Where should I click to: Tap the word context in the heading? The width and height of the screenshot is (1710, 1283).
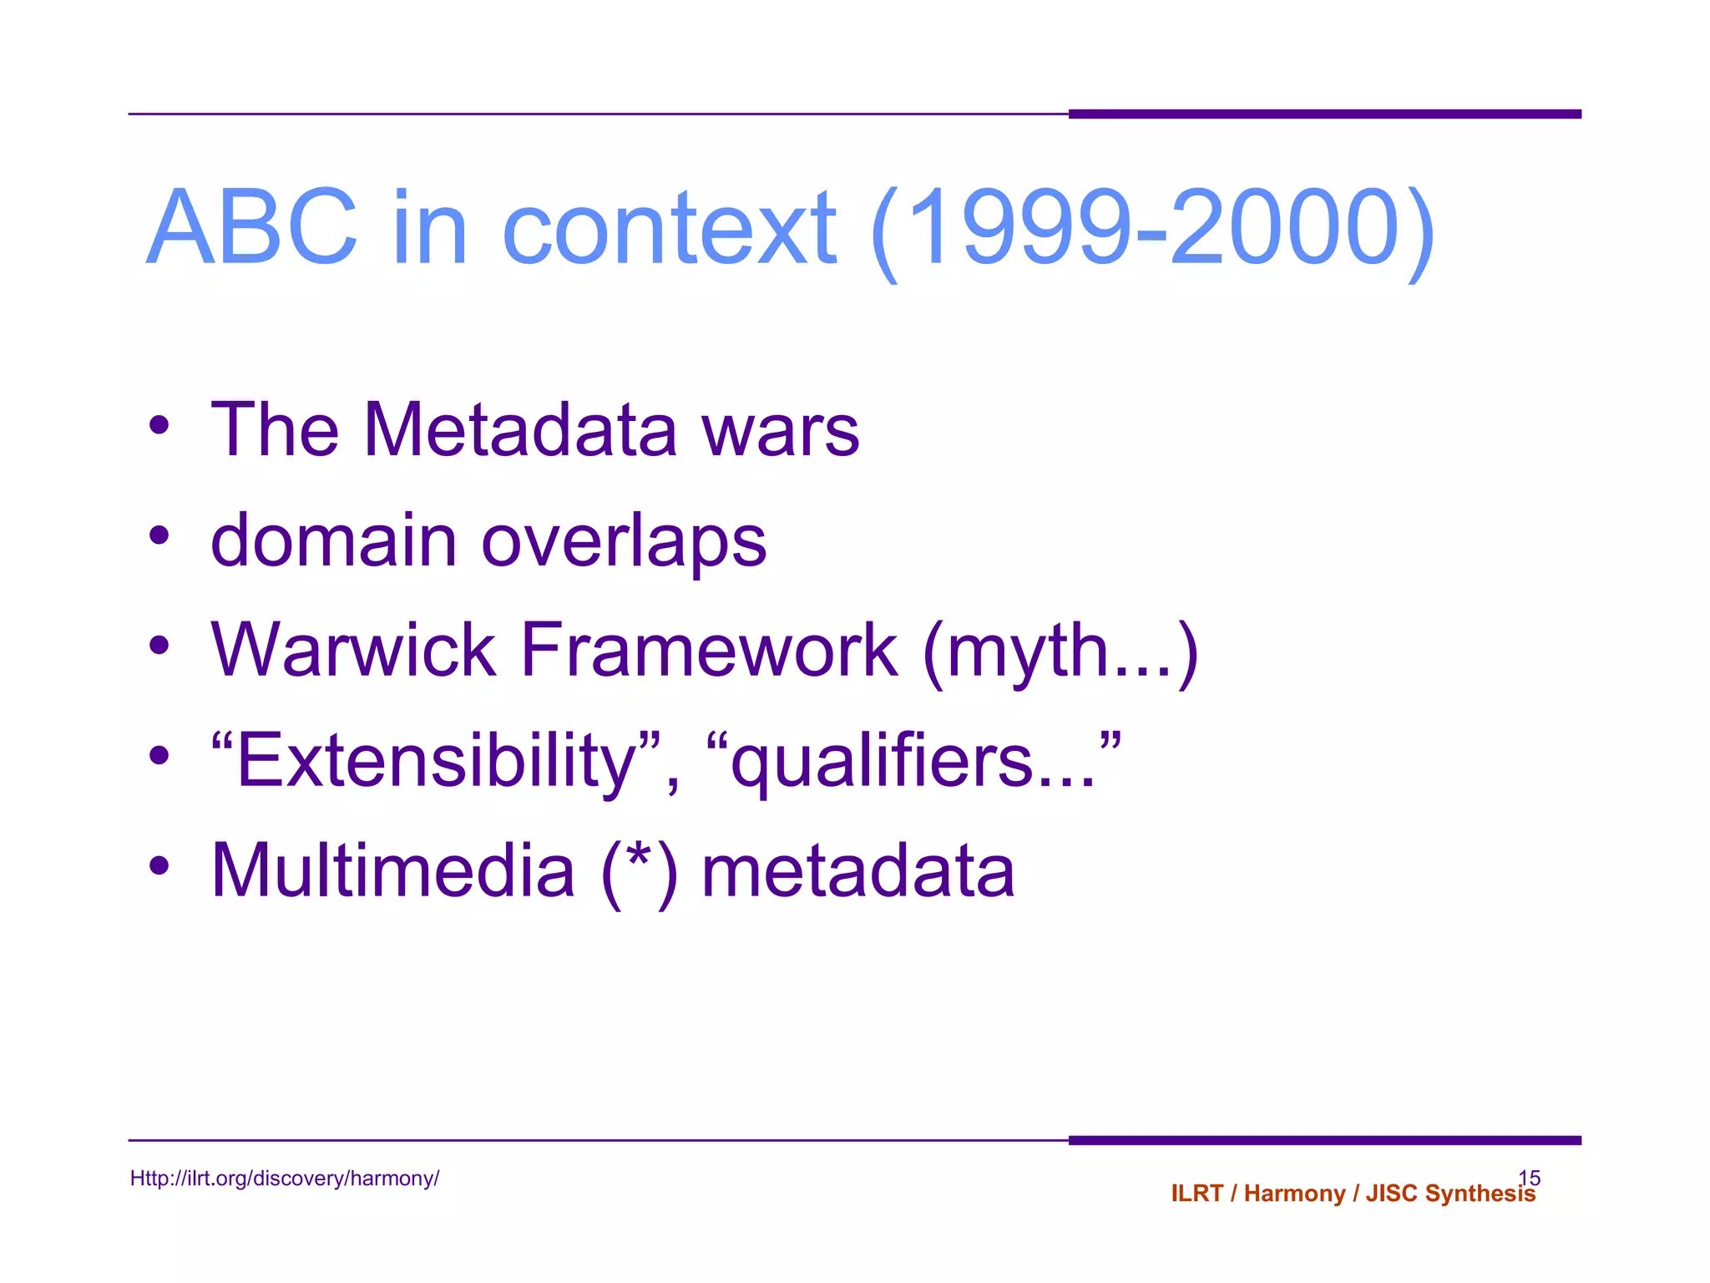pyautogui.click(x=669, y=227)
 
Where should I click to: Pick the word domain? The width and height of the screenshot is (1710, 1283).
pyautogui.click(x=333, y=540)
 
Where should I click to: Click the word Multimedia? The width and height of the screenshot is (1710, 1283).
pyautogui.click(x=393, y=870)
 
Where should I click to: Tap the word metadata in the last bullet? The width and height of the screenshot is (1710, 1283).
pyautogui.click(x=858, y=870)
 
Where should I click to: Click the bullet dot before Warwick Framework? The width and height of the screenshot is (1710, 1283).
pyautogui.click(x=159, y=646)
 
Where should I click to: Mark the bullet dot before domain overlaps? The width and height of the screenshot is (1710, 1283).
pyautogui.click(x=159, y=535)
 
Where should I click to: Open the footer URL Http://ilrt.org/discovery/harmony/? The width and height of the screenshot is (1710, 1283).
pyautogui.click(x=284, y=1179)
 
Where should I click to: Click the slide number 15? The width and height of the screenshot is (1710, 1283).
pyautogui.click(x=1529, y=1177)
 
